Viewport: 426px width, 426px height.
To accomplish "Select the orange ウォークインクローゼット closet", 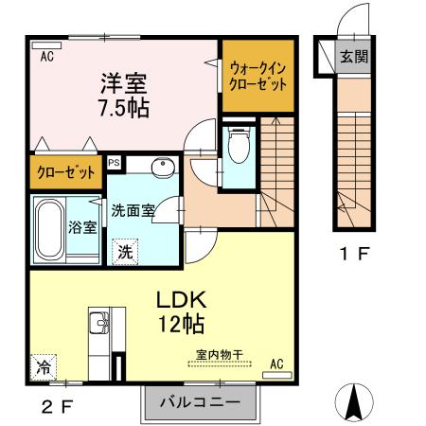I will click(255, 74).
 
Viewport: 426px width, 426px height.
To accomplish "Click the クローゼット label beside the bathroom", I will click(65, 173).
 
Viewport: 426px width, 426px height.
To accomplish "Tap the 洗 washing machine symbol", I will click(125, 252).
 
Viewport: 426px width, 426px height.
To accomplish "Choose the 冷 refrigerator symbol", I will click(44, 364).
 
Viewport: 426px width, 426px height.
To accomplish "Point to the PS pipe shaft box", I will click(115, 163).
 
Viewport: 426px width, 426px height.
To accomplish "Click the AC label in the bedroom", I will click(46, 56).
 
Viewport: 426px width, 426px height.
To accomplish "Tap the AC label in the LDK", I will click(276, 364).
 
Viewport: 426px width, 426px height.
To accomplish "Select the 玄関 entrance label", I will click(355, 55).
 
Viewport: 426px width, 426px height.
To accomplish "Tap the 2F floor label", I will click(54, 407).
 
